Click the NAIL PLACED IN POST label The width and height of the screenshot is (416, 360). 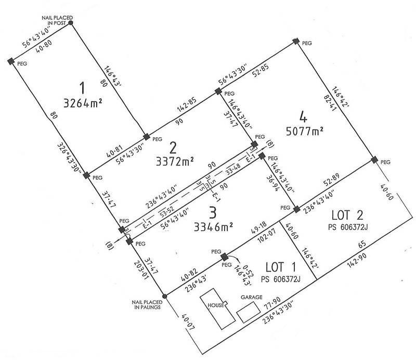click(57, 20)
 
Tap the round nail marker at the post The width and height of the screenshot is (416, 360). click(71, 23)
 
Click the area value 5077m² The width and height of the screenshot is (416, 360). click(305, 131)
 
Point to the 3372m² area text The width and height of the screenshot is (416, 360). click(175, 162)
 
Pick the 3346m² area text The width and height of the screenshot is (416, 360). click(214, 227)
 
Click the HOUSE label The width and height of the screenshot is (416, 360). click(216, 305)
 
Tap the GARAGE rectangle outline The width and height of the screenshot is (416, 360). click(249, 312)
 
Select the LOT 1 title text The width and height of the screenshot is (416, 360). click(281, 267)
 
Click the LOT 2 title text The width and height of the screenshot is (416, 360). click(347, 215)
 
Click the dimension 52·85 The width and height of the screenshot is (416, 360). click(261, 70)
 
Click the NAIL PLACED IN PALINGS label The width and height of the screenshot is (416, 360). click(147, 304)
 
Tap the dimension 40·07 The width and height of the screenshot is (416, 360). click(188, 322)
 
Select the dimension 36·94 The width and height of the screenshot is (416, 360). click(272, 183)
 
